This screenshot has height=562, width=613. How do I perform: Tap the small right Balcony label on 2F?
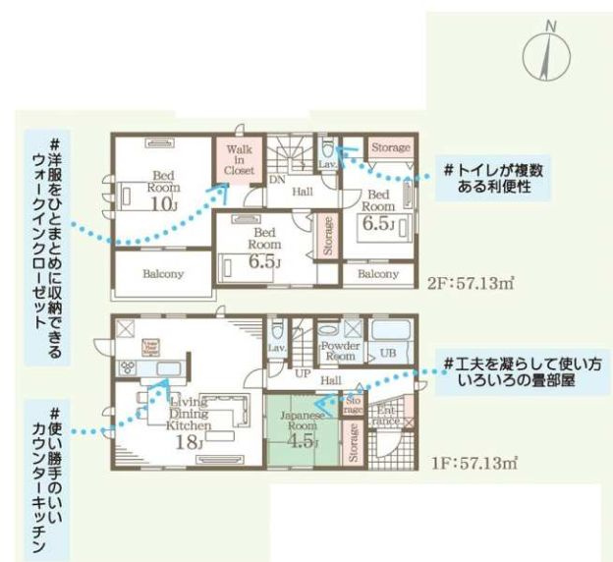coord(378,274)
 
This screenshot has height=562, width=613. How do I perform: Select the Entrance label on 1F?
coord(386,414)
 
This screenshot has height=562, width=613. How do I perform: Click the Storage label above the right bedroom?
coord(390,147)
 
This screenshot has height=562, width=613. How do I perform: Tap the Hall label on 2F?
coord(303,191)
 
